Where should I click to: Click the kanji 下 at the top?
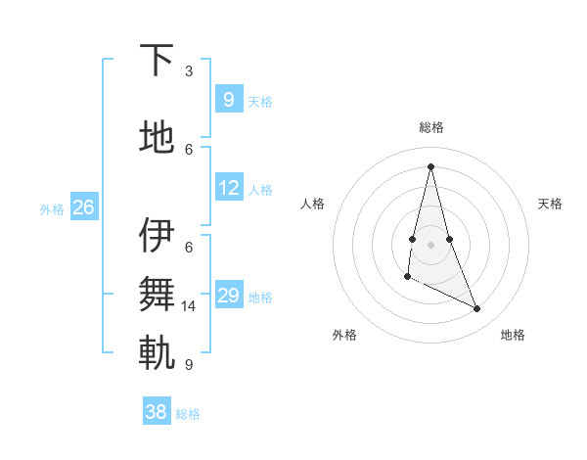[x=157, y=63]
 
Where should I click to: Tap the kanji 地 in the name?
[x=157, y=139]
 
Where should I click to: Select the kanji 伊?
[x=157, y=239]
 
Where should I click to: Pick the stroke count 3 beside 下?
[x=189, y=71]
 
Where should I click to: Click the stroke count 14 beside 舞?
[x=189, y=306]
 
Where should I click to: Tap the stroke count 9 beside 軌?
[x=189, y=365]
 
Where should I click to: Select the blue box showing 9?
[x=228, y=99]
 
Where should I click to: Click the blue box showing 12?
[x=228, y=188]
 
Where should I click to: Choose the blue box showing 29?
[x=228, y=296]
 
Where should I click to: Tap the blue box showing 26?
[x=83, y=207]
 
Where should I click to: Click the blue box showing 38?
[x=157, y=412]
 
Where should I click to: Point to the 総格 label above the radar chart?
[x=431, y=127]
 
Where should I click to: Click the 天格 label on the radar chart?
[x=550, y=204]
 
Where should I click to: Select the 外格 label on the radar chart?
[x=344, y=335]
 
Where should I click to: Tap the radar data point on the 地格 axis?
[x=477, y=309]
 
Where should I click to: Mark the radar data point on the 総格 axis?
[x=430, y=166]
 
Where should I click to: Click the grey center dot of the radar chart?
[x=430, y=244]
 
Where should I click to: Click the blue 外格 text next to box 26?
[x=52, y=208]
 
